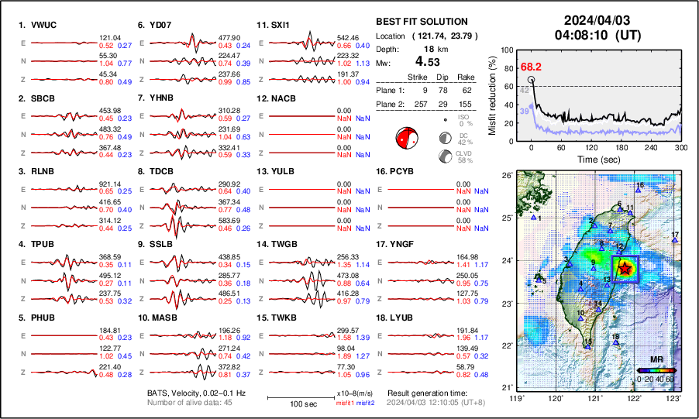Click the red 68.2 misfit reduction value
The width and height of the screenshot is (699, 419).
(x=531, y=67)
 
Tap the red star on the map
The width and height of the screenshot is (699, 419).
(x=625, y=267)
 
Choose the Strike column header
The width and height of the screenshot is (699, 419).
(x=418, y=77)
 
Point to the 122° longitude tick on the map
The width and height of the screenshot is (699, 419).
(x=635, y=398)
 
